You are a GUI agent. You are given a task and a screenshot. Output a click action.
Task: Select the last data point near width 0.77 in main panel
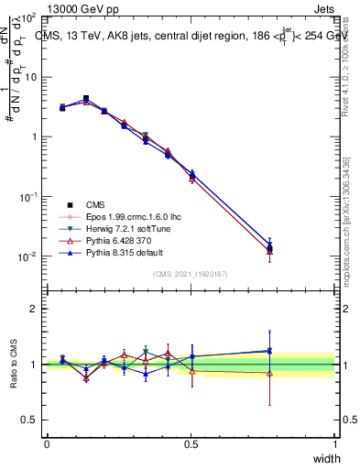(x=269, y=247)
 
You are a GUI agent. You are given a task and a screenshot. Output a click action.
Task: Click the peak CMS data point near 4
(x=86, y=98)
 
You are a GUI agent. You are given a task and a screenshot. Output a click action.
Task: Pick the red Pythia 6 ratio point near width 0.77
(x=269, y=373)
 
